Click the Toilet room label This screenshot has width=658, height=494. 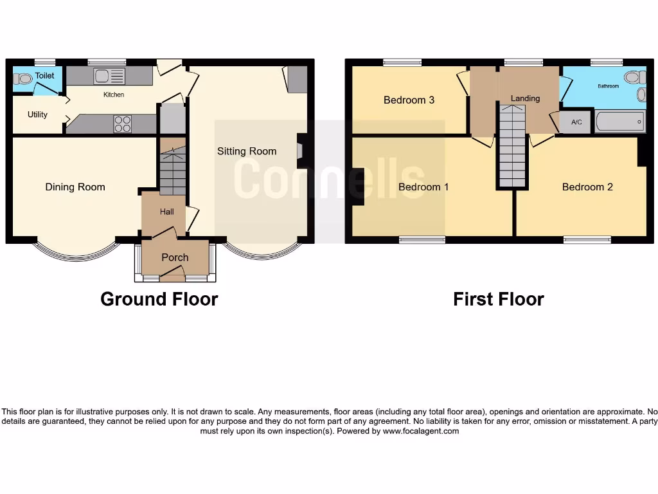click(45, 76)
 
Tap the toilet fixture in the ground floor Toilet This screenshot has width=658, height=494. click(23, 79)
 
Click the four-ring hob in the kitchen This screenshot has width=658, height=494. click(123, 123)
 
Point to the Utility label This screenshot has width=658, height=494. click(37, 114)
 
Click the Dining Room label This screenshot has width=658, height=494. click(75, 187)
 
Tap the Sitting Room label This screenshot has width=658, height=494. click(247, 151)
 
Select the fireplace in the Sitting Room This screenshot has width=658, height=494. click(300, 150)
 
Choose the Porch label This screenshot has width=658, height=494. click(175, 257)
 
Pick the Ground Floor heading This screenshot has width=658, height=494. click(159, 299)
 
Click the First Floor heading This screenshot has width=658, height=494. click(498, 299)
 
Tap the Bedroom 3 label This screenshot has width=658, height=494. click(409, 100)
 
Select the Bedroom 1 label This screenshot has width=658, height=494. click(423, 187)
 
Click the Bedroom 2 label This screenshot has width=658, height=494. click(587, 187)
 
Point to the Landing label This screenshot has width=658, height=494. click(525, 98)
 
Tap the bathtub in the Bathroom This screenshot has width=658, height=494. click(620, 122)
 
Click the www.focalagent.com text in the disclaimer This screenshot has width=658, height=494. click(421, 431)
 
